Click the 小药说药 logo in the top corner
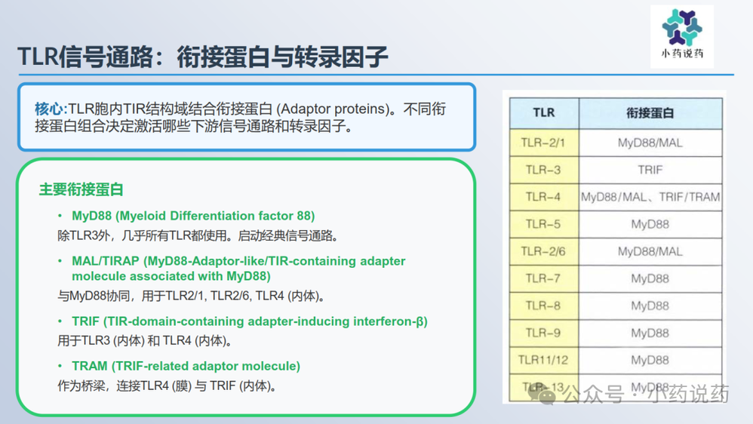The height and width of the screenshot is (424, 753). (x=682, y=36)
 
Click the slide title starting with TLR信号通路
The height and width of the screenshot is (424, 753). (x=203, y=57)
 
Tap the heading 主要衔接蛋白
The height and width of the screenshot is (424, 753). (x=81, y=189)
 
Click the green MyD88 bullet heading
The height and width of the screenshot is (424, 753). (x=193, y=216)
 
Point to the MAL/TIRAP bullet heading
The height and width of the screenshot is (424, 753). (x=238, y=269)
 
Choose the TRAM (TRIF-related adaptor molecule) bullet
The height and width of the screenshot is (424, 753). (x=186, y=366)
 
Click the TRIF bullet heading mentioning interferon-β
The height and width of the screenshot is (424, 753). (x=250, y=321)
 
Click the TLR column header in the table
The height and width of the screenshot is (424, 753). (x=543, y=113)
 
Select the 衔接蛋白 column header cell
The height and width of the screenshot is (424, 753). (x=650, y=113)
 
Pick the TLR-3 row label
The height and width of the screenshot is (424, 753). (x=543, y=170)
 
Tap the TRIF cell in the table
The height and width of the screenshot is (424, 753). (x=650, y=170)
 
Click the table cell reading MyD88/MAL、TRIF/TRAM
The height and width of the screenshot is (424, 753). (x=650, y=197)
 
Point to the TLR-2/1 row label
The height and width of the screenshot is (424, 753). (x=543, y=143)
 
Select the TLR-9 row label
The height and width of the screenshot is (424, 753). (x=543, y=333)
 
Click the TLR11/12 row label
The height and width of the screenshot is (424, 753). (x=543, y=360)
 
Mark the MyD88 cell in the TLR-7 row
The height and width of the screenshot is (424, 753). (x=650, y=278)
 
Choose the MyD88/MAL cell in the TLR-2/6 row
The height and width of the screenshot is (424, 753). (x=650, y=251)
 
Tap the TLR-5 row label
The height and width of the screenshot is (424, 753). (x=543, y=224)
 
